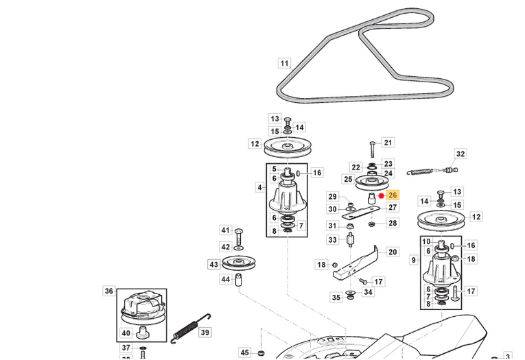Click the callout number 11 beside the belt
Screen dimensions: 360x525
(284, 64)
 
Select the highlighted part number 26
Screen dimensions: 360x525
(393, 196)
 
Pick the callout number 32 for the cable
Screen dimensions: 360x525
(460, 154)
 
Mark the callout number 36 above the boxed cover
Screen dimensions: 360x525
(109, 291)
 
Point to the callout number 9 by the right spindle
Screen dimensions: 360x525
(413, 260)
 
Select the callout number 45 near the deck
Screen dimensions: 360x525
(245, 352)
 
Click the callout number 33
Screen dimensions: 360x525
(333, 240)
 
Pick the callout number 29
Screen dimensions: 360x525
(332, 197)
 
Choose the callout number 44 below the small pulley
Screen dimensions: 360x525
(226, 280)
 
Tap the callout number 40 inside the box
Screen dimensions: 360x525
(126, 334)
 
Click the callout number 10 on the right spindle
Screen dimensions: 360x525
(426, 241)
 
